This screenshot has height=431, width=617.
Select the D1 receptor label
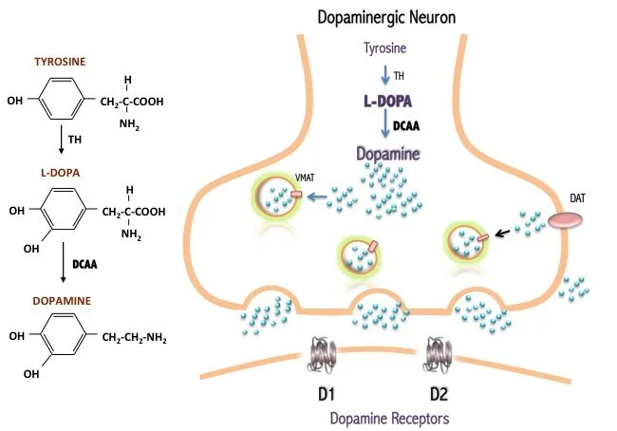click(324, 390)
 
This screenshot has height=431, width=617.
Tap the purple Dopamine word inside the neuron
click(387, 153)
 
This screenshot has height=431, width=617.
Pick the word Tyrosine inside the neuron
click(385, 47)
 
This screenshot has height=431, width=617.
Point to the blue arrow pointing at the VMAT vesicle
click(319, 197)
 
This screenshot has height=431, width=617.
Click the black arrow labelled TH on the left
click(61, 140)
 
